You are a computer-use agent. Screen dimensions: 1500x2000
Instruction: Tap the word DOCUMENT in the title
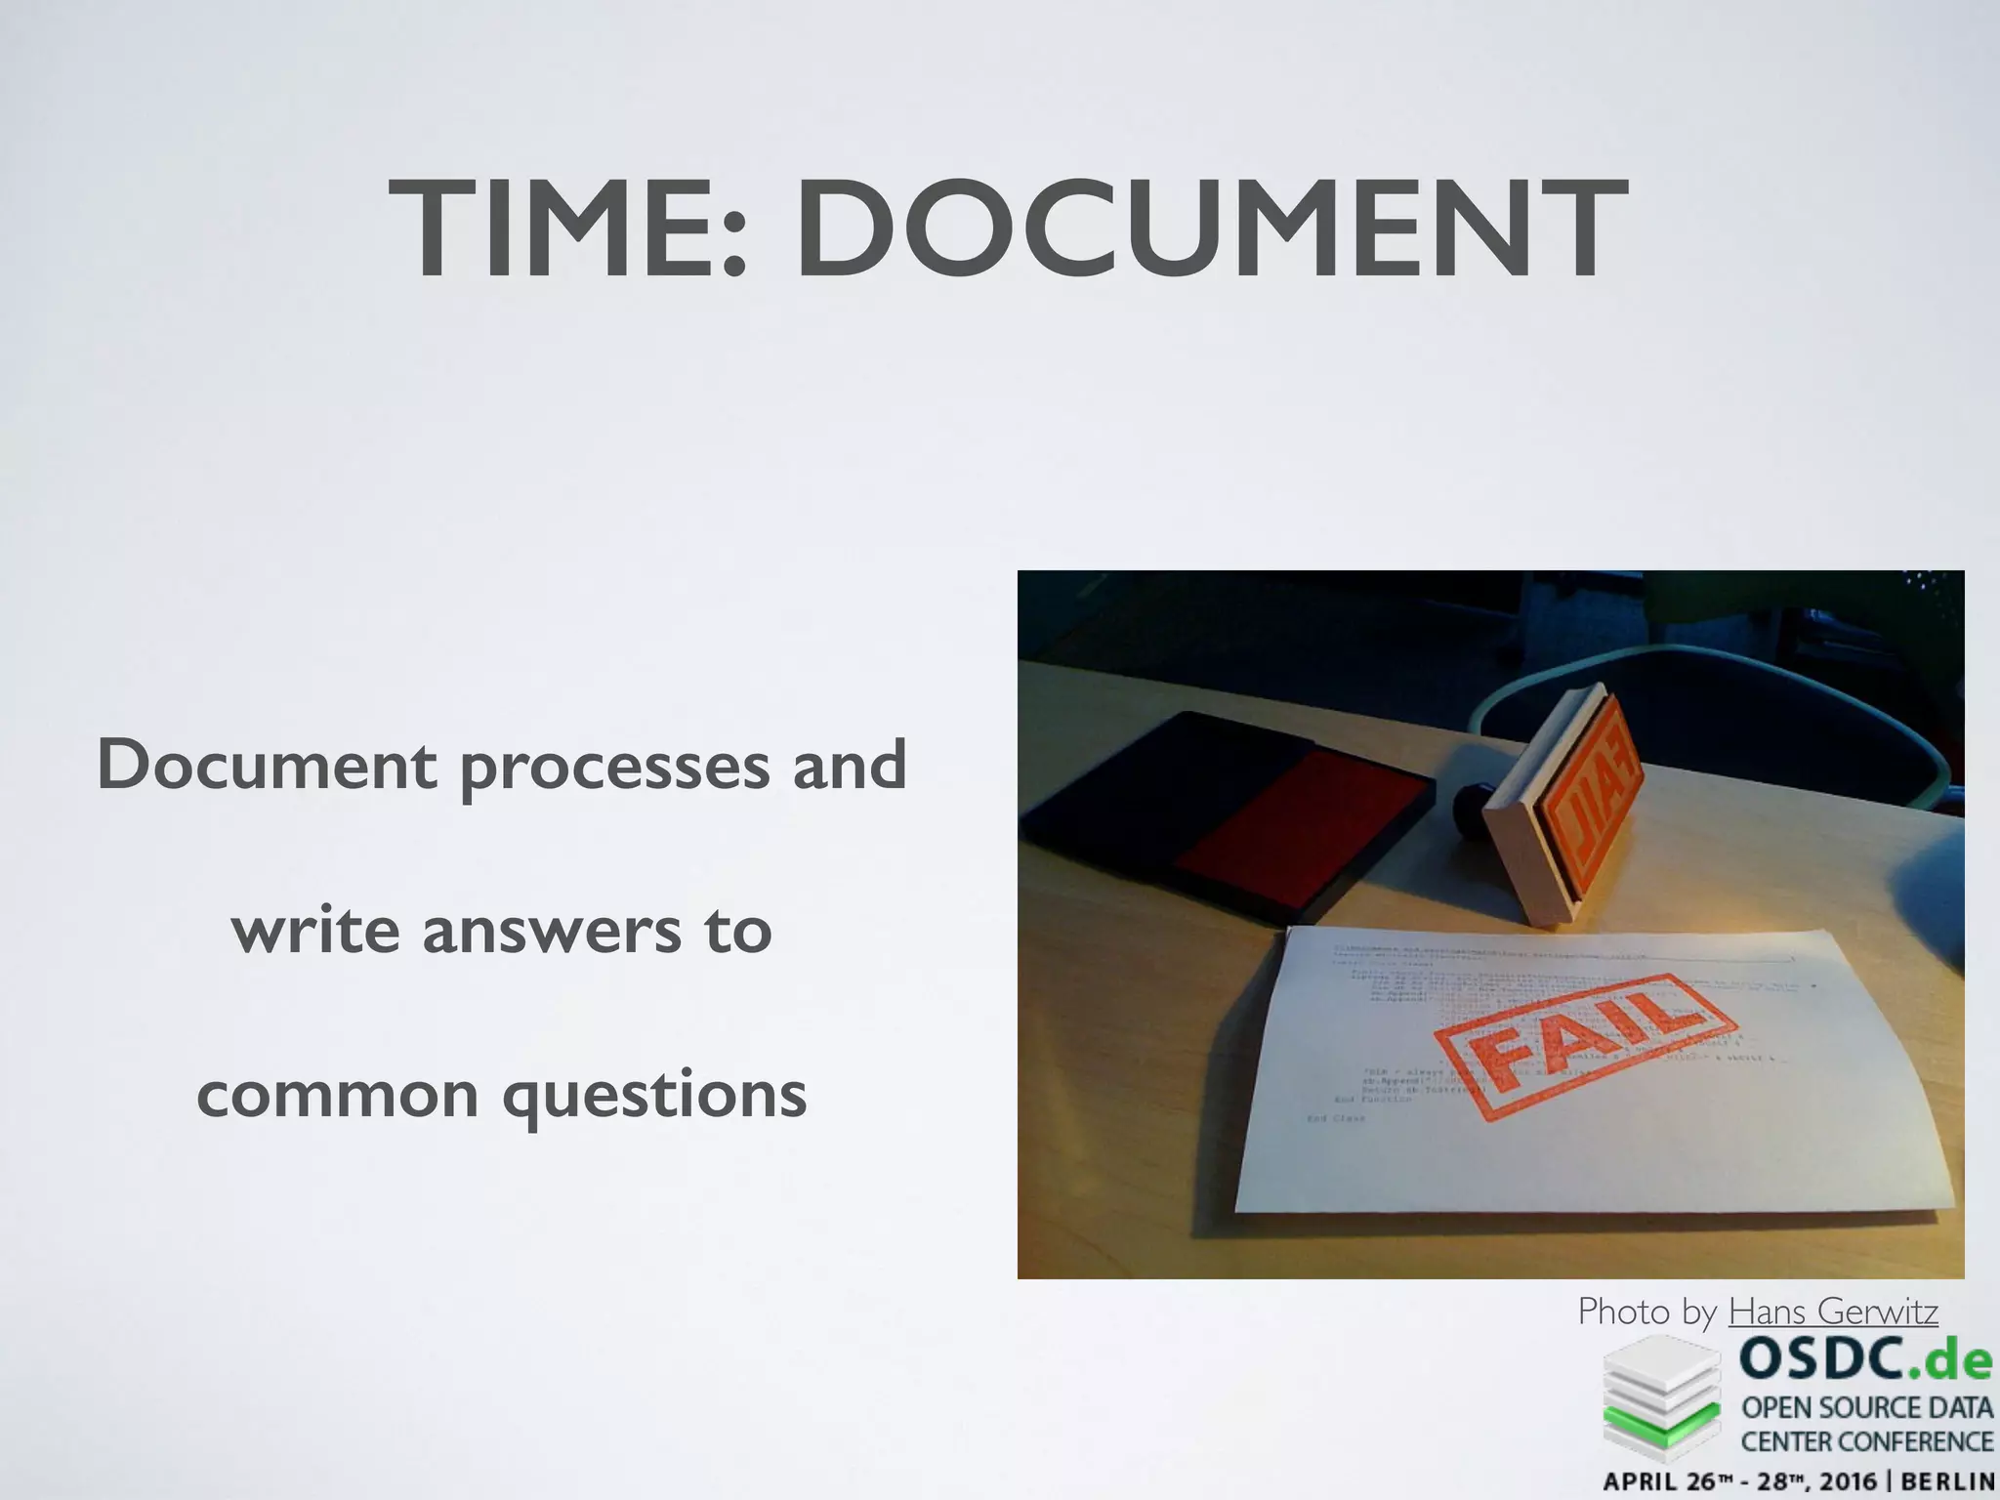click(x=1212, y=230)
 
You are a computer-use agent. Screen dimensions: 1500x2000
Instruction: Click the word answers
click(x=551, y=931)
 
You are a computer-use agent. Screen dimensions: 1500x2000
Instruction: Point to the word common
click(x=338, y=1095)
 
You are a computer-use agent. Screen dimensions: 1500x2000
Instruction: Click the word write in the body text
click(x=315, y=931)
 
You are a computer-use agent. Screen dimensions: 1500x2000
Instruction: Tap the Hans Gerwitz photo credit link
click(x=1833, y=1312)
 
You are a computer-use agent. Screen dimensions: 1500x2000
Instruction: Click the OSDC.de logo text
click(x=1864, y=1358)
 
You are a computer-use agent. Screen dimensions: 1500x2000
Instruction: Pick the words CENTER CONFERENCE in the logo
click(x=1867, y=1441)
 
